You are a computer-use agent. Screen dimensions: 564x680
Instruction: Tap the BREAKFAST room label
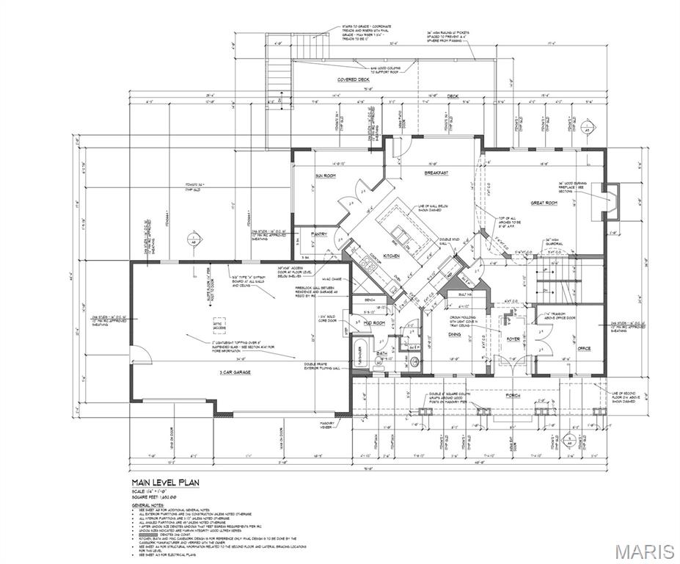click(435, 173)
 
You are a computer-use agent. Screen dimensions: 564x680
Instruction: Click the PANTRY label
click(319, 234)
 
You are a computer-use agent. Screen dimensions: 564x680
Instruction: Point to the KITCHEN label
click(391, 255)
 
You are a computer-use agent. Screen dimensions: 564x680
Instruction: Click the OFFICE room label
click(584, 348)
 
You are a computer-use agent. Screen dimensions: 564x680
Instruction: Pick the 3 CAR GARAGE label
click(235, 372)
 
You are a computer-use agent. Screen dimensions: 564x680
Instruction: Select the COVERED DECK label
click(353, 79)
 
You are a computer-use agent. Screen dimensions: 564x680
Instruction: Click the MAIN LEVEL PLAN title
click(165, 482)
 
